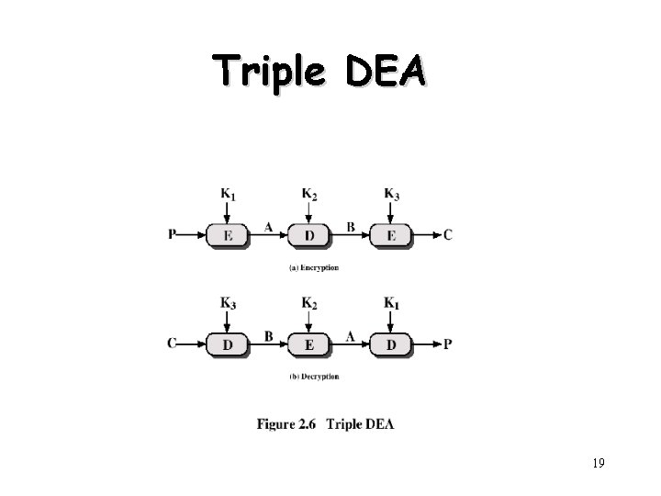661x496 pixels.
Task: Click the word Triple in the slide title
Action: coord(269,71)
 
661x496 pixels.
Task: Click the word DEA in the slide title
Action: coord(386,71)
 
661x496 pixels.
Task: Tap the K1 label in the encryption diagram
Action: coord(227,194)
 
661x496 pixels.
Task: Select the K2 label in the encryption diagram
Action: coord(309,194)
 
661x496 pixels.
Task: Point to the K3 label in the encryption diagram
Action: coord(391,194)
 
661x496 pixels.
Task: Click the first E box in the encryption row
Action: coord(227,235)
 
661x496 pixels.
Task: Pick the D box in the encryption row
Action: coord(309,235)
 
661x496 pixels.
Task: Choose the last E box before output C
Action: coord(391,235)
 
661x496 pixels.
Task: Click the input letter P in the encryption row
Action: coord(173,235)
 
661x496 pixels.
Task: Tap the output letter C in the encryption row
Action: coord(447,235)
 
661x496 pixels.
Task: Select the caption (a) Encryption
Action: coord(314,268)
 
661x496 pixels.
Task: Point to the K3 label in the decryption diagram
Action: coord(227,302)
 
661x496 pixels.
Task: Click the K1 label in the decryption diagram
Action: coord(391,302)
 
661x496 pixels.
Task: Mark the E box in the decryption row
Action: coord(309,344)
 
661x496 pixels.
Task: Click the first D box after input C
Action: coord(227,344)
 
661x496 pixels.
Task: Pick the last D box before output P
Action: coord(391,344)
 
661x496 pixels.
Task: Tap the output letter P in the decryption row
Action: coord(447,344)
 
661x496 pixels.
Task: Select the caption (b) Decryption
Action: coord(314,377)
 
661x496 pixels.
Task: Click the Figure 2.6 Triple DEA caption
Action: coord(326,424)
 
